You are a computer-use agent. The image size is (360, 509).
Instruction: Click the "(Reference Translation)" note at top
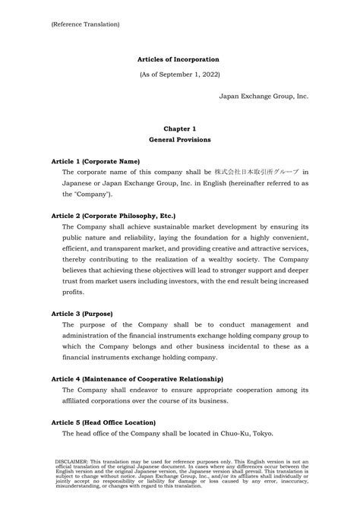point(85,24)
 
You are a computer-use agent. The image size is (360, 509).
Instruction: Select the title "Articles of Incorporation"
point(179,58)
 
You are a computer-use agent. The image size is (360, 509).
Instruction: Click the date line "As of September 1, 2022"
point(179,76)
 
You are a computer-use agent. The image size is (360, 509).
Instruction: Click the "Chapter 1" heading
point(179,129)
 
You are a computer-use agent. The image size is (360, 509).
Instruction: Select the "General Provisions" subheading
point(179,141)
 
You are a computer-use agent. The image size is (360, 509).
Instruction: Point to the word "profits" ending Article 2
point(73,291)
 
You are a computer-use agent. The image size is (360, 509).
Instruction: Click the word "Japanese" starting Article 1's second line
point(80,183)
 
